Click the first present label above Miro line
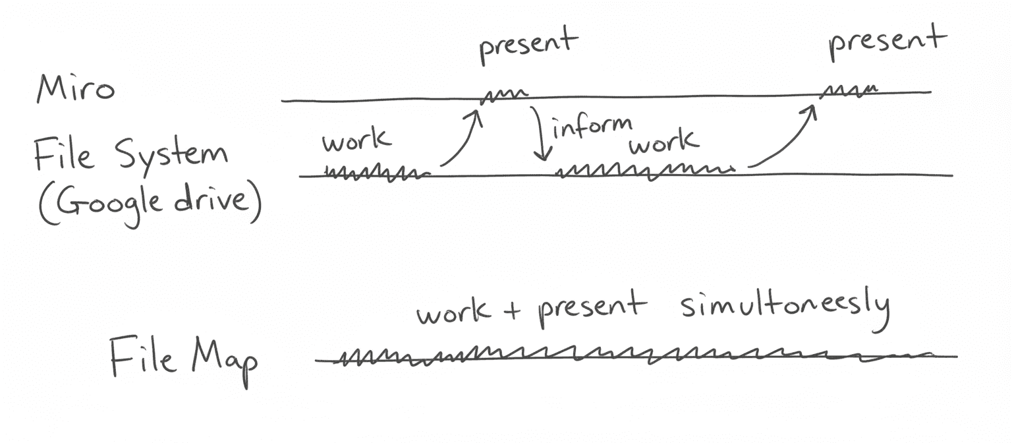point(528,45)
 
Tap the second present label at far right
point(887,41)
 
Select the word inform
point(591,127)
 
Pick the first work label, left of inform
point(356,140)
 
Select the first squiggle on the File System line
point(375,174)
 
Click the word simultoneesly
point(785,308)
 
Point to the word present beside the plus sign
point(590,309)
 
